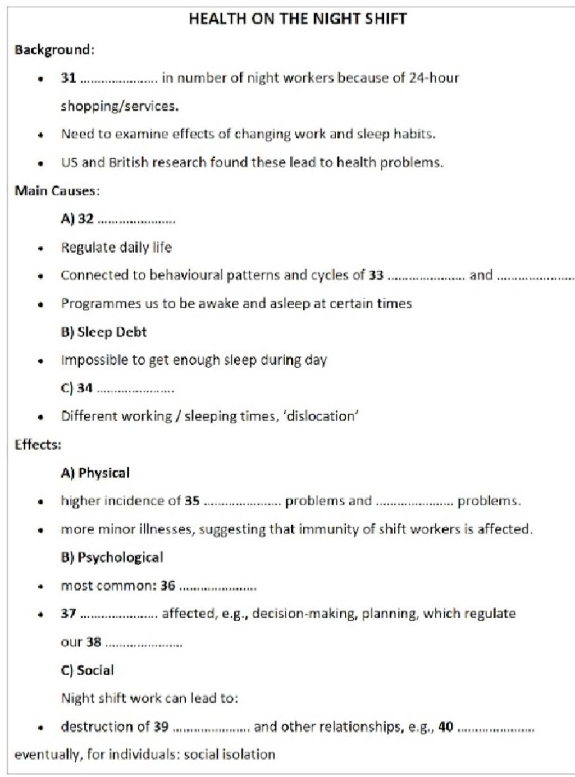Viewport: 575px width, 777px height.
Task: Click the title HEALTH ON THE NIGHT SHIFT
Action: pyautogui.click(x=298, y=19)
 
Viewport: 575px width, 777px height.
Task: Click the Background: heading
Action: pyautogui.click(x=54, y=50)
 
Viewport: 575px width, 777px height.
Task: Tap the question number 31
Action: pyautogui.click(x=69, y=78)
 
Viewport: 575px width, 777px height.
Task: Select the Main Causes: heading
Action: pyautogui.click(x=57, y=191)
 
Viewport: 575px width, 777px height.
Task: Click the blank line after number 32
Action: pyautogui.click(x=136, y=221)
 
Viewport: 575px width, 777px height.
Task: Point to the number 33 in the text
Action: pyautogui.click(x=376, y=276)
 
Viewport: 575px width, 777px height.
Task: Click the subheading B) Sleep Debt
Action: pyautogui.click(x=104, y=332)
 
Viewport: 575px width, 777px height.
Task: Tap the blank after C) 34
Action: pyautogui.click(x=135, y=390)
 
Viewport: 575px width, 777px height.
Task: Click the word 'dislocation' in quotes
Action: pyautogui.click(x=322, y=417)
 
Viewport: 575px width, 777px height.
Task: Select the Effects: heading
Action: pyautogui.click(x=38, y=445)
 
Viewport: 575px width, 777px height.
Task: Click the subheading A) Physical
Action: pyautogui.click(x=95, y=473)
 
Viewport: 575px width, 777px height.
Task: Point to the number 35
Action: pyautogui.click(x=193, y=501)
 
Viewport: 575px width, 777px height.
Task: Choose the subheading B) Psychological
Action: pyautogui.click(x=112, y=557)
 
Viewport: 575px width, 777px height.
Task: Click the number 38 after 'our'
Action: pyautogui.click(x=94, y=642)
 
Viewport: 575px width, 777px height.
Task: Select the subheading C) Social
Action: pyautogui.click(x=88, y=670)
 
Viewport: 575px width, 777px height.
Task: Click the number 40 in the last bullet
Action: pyautogui.click(x=446, y=727)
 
